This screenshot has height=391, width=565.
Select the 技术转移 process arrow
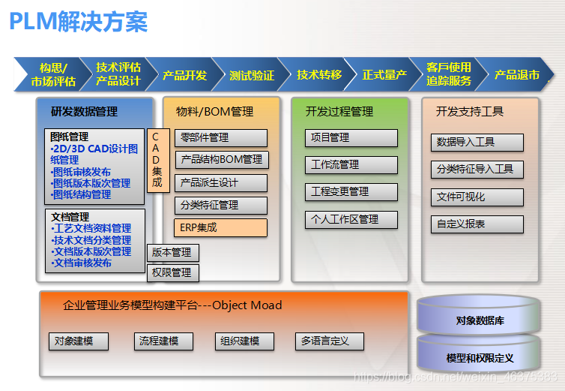pos(319,75)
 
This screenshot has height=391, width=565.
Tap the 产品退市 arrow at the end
pos(517,75)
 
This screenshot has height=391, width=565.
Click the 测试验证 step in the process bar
pos(252,75)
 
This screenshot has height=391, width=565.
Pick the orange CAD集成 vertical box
pos(157,160)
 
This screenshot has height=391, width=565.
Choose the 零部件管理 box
pos(221,138)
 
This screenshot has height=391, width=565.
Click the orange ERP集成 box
pos(221,227)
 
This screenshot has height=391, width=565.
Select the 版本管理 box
pos(172,253)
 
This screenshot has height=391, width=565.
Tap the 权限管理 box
pos(172,272)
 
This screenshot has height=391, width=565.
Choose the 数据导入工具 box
pos(477,142)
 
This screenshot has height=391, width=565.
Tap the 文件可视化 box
pos(477,197)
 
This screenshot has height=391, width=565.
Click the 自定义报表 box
pos(477,224)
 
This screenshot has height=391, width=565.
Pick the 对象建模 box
pos(78,341)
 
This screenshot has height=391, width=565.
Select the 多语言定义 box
pos(329,341)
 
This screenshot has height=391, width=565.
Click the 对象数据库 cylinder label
pos(480,320)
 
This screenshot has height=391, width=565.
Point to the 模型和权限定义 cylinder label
pos(480,358)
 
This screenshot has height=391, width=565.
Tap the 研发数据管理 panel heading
pos(85,112)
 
